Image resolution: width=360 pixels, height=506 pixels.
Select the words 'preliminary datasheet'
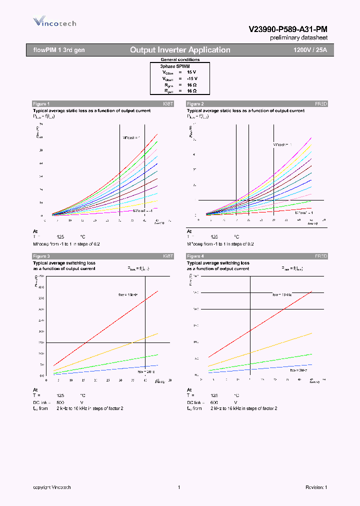coord(298,38)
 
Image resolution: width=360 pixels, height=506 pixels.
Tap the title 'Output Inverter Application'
coord(180,50)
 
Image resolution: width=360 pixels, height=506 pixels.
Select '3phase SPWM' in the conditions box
coord(175,66)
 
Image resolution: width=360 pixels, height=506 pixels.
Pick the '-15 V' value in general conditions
coord(192,78)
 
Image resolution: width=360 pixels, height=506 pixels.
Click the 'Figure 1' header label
coord(41,103)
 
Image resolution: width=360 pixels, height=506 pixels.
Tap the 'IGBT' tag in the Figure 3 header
coord(167,256)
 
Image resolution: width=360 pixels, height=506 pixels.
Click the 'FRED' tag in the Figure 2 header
coord(321,103)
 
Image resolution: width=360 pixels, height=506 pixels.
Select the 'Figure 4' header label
coord(195,256)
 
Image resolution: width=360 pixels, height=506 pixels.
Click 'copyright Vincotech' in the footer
coord(52,487)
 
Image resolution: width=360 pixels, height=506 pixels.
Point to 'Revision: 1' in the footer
coord(316,487)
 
